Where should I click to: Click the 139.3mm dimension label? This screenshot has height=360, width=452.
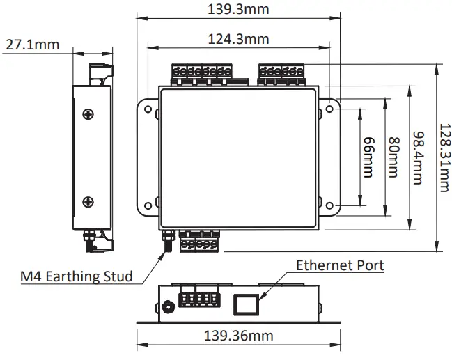[238, 9]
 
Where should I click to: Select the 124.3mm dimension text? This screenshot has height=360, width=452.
[238, 39]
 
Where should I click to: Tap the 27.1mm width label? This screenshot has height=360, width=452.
[32, 45]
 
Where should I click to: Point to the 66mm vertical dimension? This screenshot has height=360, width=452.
[368, 158]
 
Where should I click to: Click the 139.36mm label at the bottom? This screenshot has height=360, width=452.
[238, 336]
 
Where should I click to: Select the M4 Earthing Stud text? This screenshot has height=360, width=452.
[76, 276]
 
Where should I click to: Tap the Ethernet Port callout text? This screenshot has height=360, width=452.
[339, 265]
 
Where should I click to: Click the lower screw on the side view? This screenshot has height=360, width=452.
[88, 202]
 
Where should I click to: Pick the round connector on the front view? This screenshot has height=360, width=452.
[167, 306]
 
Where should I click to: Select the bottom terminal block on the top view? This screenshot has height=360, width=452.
[199, 242]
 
